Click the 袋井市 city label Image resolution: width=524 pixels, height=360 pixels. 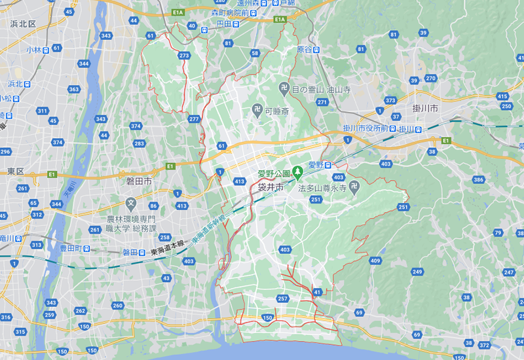point(270,188)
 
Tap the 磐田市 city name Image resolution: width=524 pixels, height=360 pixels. point(139,181)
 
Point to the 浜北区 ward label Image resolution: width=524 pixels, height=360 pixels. point(22,24)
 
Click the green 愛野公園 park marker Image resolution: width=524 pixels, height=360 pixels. point(297,173)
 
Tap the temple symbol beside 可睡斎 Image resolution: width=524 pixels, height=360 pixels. point(257,111)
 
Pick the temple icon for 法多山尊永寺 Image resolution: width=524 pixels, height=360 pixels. point(354,187)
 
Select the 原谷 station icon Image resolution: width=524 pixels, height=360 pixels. point(316,49)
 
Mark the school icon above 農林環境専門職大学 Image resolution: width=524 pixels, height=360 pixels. point(131,204)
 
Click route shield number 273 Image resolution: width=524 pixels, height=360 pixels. point(184,56)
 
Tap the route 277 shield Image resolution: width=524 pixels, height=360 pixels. point(193,119)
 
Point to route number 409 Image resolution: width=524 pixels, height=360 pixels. point(375,261)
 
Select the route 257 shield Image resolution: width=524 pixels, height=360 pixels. point(283,298)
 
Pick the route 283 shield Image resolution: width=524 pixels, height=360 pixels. point(139,143)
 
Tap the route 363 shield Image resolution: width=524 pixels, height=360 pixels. point(73,89)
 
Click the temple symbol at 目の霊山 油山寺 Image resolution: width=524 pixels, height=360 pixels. point(284,88)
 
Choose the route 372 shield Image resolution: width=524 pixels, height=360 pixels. point(485,345)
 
